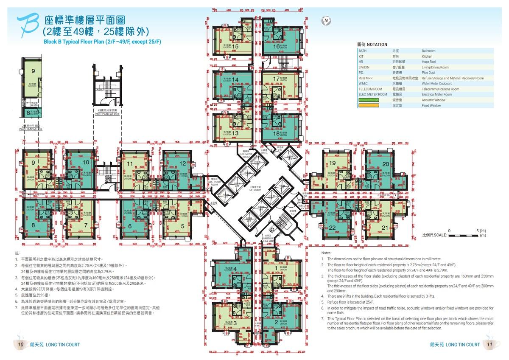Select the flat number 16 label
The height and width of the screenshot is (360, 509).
pos(277,46)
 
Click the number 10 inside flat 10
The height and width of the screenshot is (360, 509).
pos(86,162)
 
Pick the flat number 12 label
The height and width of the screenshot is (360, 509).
pos(182,163)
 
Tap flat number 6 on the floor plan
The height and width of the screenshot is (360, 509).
pos(130,226)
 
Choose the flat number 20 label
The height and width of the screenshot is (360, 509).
pos(385,164)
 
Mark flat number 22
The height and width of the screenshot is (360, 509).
pos(332,228)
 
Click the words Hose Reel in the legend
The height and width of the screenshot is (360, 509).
pos(428,62)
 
